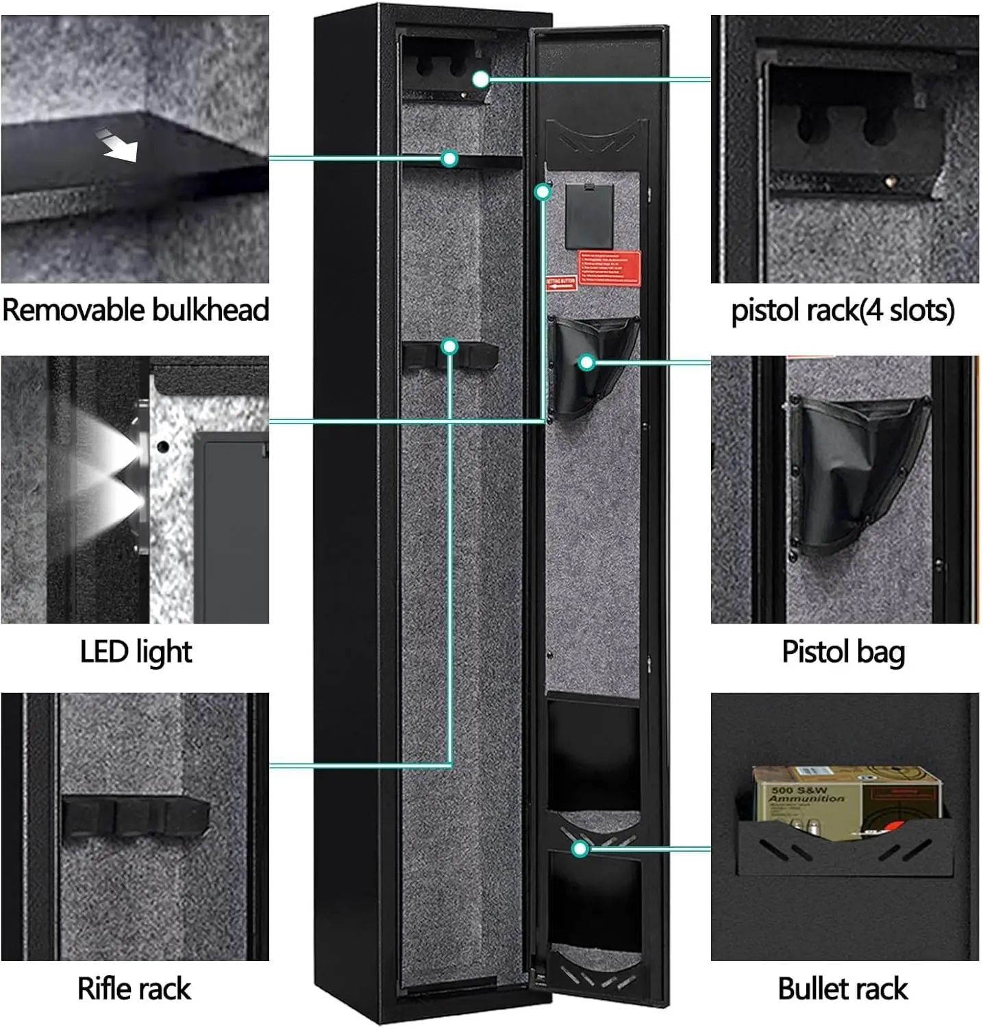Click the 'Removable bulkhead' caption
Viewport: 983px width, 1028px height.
pyautogui.click(x=135, y=310)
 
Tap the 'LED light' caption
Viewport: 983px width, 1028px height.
pyautogui.click(x=136, y=651)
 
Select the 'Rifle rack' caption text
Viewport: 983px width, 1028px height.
pyautogui.click(x=134, y=988)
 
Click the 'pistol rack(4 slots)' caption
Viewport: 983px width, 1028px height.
pyautogui.click(x=843, y=310)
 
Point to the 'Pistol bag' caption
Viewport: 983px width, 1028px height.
pyautogui.click(x=843, y=651)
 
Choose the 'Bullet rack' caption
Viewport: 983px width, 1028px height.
pyautogui.click(x=843, y=988)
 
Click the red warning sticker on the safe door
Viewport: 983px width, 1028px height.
pyautogui.click(x=610, y=268)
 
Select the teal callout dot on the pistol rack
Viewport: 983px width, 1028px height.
pyautogui.click(x=481, y=79)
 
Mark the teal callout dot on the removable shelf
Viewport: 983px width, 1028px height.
pyautogui.click(x=449, y=159)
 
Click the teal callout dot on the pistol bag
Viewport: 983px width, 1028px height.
pyautogui.click(x=586, y=363)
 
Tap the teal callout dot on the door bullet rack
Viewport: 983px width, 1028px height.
pyautogui.click(x=580, y=849)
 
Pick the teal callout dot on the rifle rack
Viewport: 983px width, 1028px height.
pyautogui.click(x=449, y=347)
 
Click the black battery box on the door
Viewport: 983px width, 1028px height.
pyautogui.click(x=589, y=215)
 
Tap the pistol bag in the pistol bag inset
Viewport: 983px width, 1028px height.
pyautogui.click(x=860, y=473)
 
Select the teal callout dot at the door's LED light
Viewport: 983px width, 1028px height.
pyautogui.click(x=543, y=192)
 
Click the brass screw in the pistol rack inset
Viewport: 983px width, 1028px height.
pyautogui.click(x=890, y=182)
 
